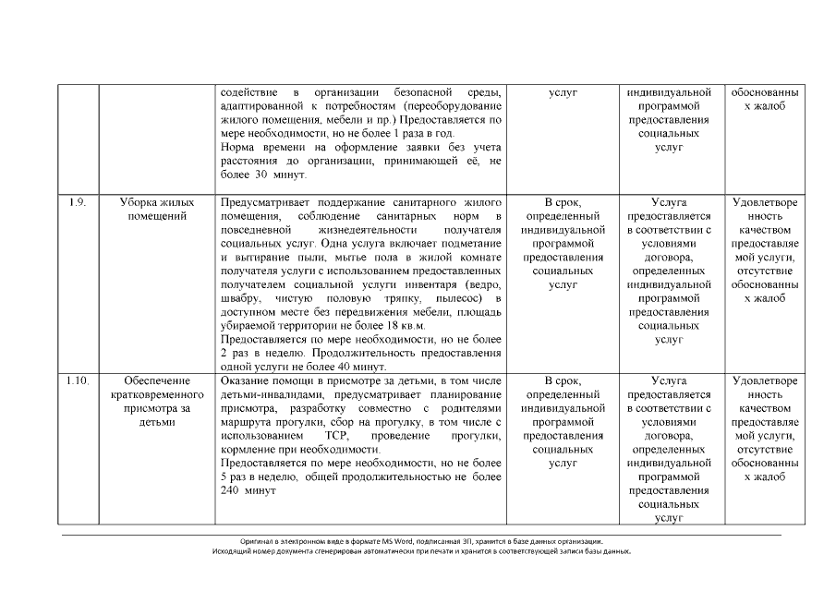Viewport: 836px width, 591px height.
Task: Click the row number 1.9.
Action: (78, 201)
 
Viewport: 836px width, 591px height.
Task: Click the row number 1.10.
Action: (78, 380)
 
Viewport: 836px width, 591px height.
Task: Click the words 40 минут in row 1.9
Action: (348, 368)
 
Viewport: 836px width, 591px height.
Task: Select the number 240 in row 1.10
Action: (234, 490)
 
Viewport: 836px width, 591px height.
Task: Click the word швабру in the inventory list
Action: (238, 298)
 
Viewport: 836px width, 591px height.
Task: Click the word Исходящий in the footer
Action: (230, 550)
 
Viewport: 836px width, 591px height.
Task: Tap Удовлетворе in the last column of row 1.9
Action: (767, 201)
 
